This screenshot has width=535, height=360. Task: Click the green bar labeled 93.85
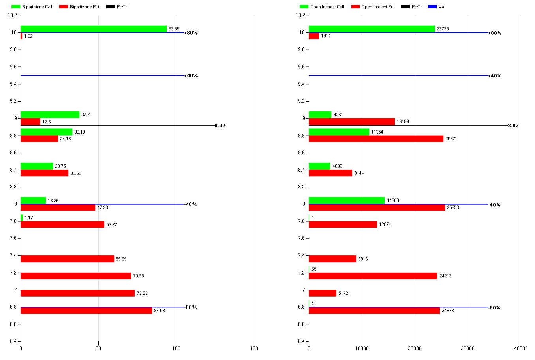pyautogui.click(x=94, y=29)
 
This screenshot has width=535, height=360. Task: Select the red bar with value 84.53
pyautogui.click(x=86, y=311)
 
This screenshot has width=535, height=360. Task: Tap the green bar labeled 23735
pyautogui.click(x=372, y=29)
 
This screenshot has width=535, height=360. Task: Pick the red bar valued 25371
pyautogui.click(x=376, y=139)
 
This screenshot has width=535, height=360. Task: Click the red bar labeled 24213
pyautogui.click(x=373, y=276)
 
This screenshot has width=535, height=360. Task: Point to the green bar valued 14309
pyautogui.click(x=347, y=200)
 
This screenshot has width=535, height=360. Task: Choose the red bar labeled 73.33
pyautogui.click(x=77, y=293)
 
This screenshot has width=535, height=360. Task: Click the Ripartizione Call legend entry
pyautogui.click(x=37, y=7)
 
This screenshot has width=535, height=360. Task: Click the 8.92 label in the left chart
pyautogui.click(x=220, y=126)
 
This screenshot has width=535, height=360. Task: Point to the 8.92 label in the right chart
pyautogui.click(x=513, y=126)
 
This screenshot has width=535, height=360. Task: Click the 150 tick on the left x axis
pyautogui.click(x=254, y=348)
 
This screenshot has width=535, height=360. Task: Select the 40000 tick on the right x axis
pyautogui.click(x=521, y=348)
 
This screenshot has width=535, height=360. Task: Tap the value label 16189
pyautogui.click(x=403, y=122)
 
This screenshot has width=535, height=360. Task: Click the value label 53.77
pyautogui.click(x=111, y=225)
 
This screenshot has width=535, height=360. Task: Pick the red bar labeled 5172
pyautogui.click(x=323, y=293)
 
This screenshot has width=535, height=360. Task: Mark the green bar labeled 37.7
pyautogui.click(x=50, y=115)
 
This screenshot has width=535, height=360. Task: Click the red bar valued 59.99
pyautogui.click(x=67, y=259)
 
